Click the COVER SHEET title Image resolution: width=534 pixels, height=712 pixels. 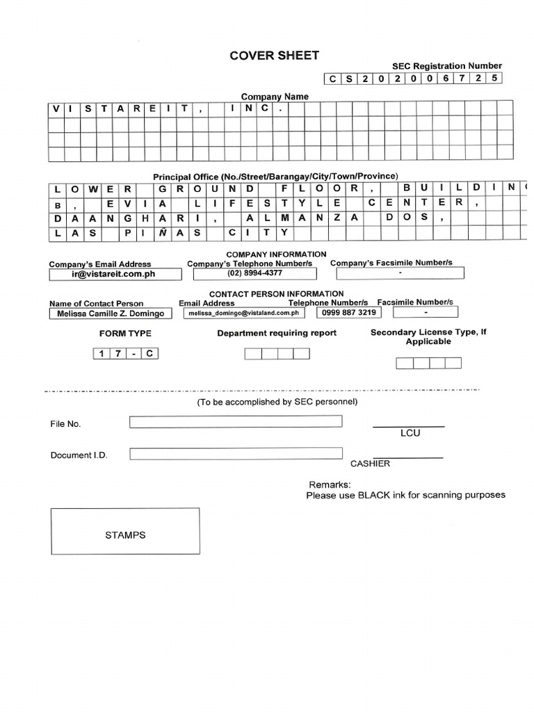click(x=275, y=56)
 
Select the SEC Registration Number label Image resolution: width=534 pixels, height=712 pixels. click(x=446, y=65)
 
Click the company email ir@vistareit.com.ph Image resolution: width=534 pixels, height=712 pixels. click(x=113, y=274)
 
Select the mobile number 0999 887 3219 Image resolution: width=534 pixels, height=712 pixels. click(x=348, y=313)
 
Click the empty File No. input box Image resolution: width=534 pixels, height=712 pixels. click(x=236, y=421)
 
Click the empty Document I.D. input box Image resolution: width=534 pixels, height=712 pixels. click(x=236, y=454)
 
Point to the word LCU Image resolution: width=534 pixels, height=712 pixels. click(x=410, y=433)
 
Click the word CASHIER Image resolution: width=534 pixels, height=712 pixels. click(x=370, y=464)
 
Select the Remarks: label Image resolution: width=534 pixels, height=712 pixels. click(x=330, y=485)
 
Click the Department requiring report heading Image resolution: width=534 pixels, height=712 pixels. click(x=277, y=333)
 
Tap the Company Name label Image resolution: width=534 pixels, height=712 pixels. click(x=275, y=97)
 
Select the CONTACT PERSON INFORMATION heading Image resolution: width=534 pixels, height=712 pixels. click(x=276, y=294)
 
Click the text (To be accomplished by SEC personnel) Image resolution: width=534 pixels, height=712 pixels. click(x=277, y=402)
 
